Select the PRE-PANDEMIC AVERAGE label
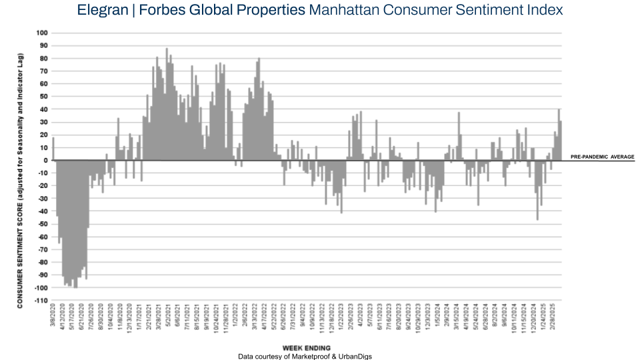tap(602, 157)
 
